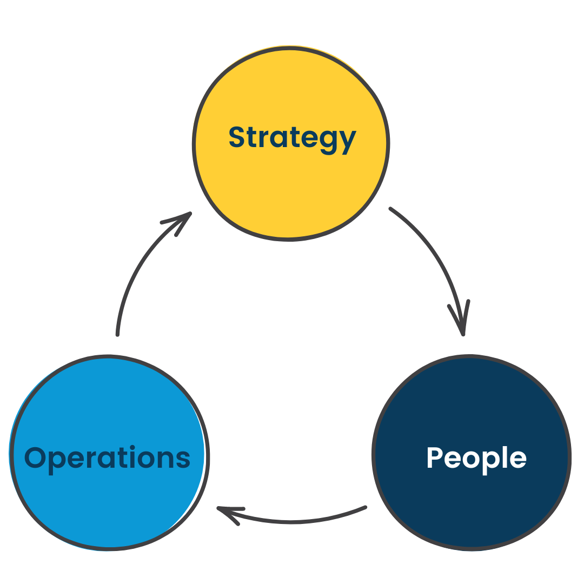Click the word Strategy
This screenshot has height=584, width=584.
(x=292, y=137)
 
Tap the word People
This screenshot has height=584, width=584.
(x=476, y=458)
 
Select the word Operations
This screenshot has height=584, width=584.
(x=108, y=457)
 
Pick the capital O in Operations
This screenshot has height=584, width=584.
(x=35, y=457)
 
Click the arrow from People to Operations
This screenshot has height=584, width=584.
(x=292, y=521)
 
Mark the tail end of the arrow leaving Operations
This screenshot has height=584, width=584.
(x=117, y=334)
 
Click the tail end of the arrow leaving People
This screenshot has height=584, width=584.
(x=365, y=507)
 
